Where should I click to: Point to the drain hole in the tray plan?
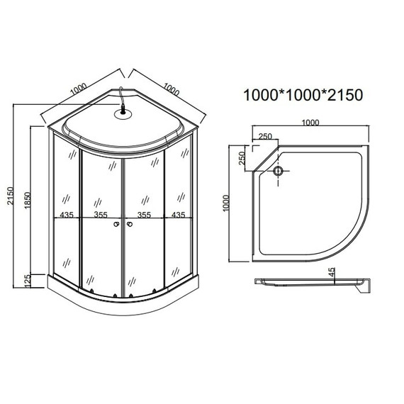(x=278, y=171)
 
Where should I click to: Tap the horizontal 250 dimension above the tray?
(x=266, y=137)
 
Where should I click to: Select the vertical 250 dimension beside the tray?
(x=242, y=157)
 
